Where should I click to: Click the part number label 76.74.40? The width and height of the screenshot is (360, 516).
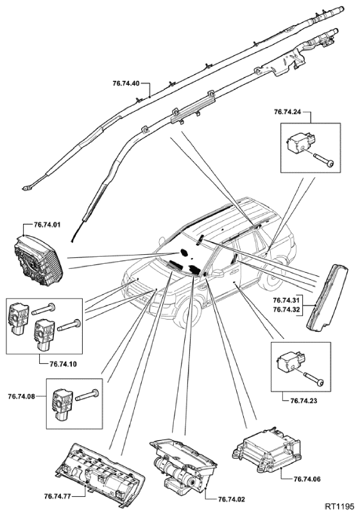(126, 83)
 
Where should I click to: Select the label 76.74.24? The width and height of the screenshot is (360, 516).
(287, 112)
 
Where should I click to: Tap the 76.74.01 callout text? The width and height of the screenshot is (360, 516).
(47, 225)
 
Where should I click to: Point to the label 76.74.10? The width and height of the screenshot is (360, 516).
(64, 364)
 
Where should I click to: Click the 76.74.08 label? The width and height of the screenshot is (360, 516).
(21, 396)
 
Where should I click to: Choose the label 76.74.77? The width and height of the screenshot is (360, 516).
(57, 495)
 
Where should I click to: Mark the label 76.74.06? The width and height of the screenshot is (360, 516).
(307, 479)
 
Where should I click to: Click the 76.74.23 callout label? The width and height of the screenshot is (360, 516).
(304, 401)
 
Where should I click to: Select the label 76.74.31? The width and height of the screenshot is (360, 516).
(286, 300)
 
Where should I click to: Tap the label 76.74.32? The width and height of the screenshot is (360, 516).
(286, 309)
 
